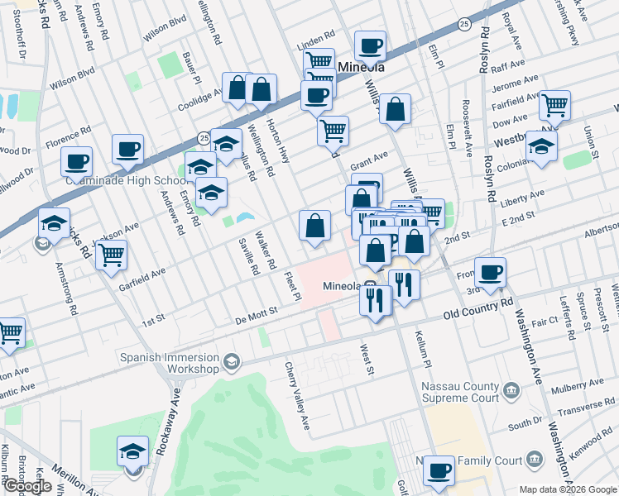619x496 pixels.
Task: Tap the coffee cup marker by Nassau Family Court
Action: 439,471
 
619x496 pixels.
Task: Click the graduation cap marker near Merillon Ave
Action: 132,451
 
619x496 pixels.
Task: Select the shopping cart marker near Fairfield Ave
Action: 554,105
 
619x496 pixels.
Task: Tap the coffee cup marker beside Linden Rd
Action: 370,45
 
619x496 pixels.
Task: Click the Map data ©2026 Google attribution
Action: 568,489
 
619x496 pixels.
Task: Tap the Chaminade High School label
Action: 125,180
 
